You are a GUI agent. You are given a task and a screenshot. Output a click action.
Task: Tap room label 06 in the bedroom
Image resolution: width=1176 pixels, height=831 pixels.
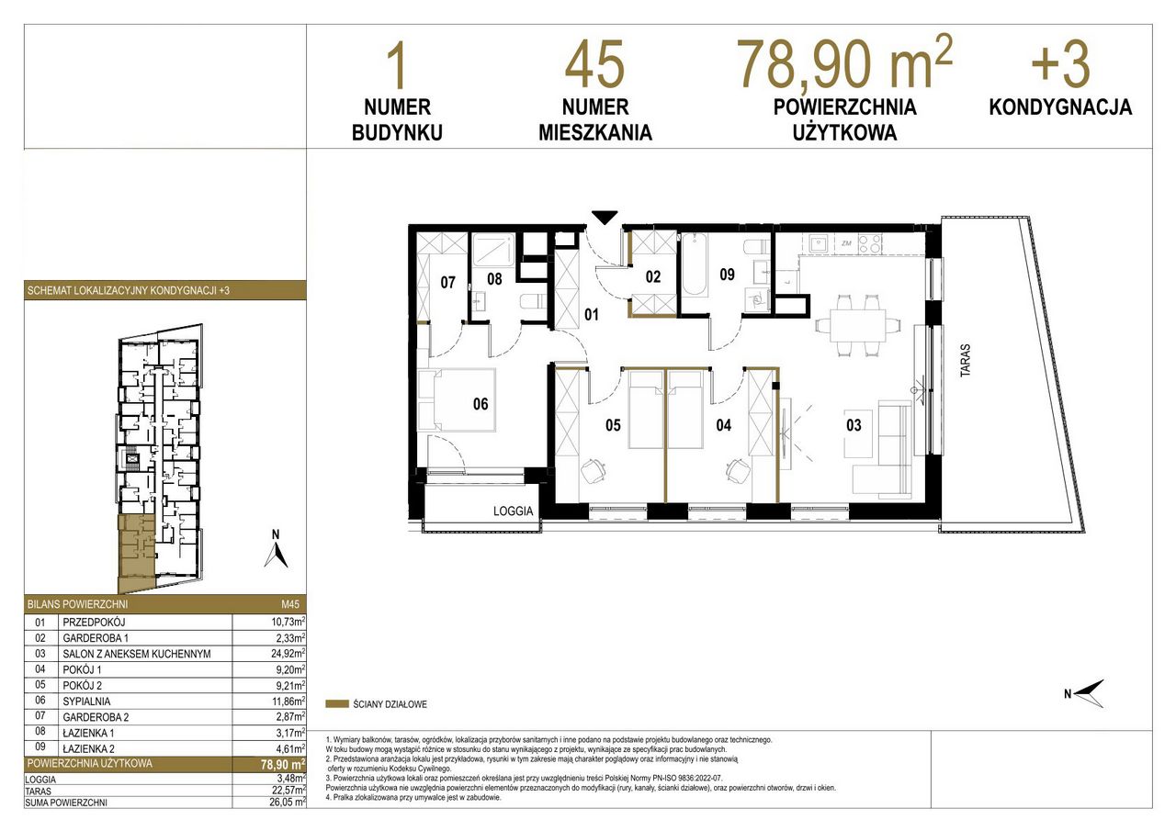pos(481,404)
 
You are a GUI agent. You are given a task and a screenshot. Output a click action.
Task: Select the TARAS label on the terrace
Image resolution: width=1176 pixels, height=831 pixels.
pos(966,360)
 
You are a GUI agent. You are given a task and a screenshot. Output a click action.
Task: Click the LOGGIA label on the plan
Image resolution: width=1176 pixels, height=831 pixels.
pos(513,511)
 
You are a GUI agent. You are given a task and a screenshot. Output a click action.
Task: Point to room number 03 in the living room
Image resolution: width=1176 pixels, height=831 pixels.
pos(854,425)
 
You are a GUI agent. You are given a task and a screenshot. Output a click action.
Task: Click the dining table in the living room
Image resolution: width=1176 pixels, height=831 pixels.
pos(857,325)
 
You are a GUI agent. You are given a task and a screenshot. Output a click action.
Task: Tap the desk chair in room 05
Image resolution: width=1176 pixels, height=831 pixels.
pos(593,471)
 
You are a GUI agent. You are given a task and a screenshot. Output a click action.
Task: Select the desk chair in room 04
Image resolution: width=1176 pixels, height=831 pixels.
pos(738,470)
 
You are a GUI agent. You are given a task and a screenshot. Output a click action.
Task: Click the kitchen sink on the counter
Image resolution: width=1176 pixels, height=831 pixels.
pos(818,243)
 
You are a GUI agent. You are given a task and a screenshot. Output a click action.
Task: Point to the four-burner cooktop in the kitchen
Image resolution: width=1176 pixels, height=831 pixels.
pos(870,243)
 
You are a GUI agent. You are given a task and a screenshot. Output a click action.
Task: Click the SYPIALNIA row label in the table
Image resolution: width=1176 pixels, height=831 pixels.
pos(86,702)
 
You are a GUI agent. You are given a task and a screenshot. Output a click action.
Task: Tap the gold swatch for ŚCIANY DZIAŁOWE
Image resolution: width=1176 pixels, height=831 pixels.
pos(337,704)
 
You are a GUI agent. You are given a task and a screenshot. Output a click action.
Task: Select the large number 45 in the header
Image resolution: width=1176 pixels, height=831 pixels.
pos(594,65)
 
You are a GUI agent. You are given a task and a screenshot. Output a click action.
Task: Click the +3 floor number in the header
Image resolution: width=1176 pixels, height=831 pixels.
pos(1060,65)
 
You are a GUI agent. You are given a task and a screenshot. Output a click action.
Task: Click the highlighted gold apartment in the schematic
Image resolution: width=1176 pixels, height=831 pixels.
pos(137,551)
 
